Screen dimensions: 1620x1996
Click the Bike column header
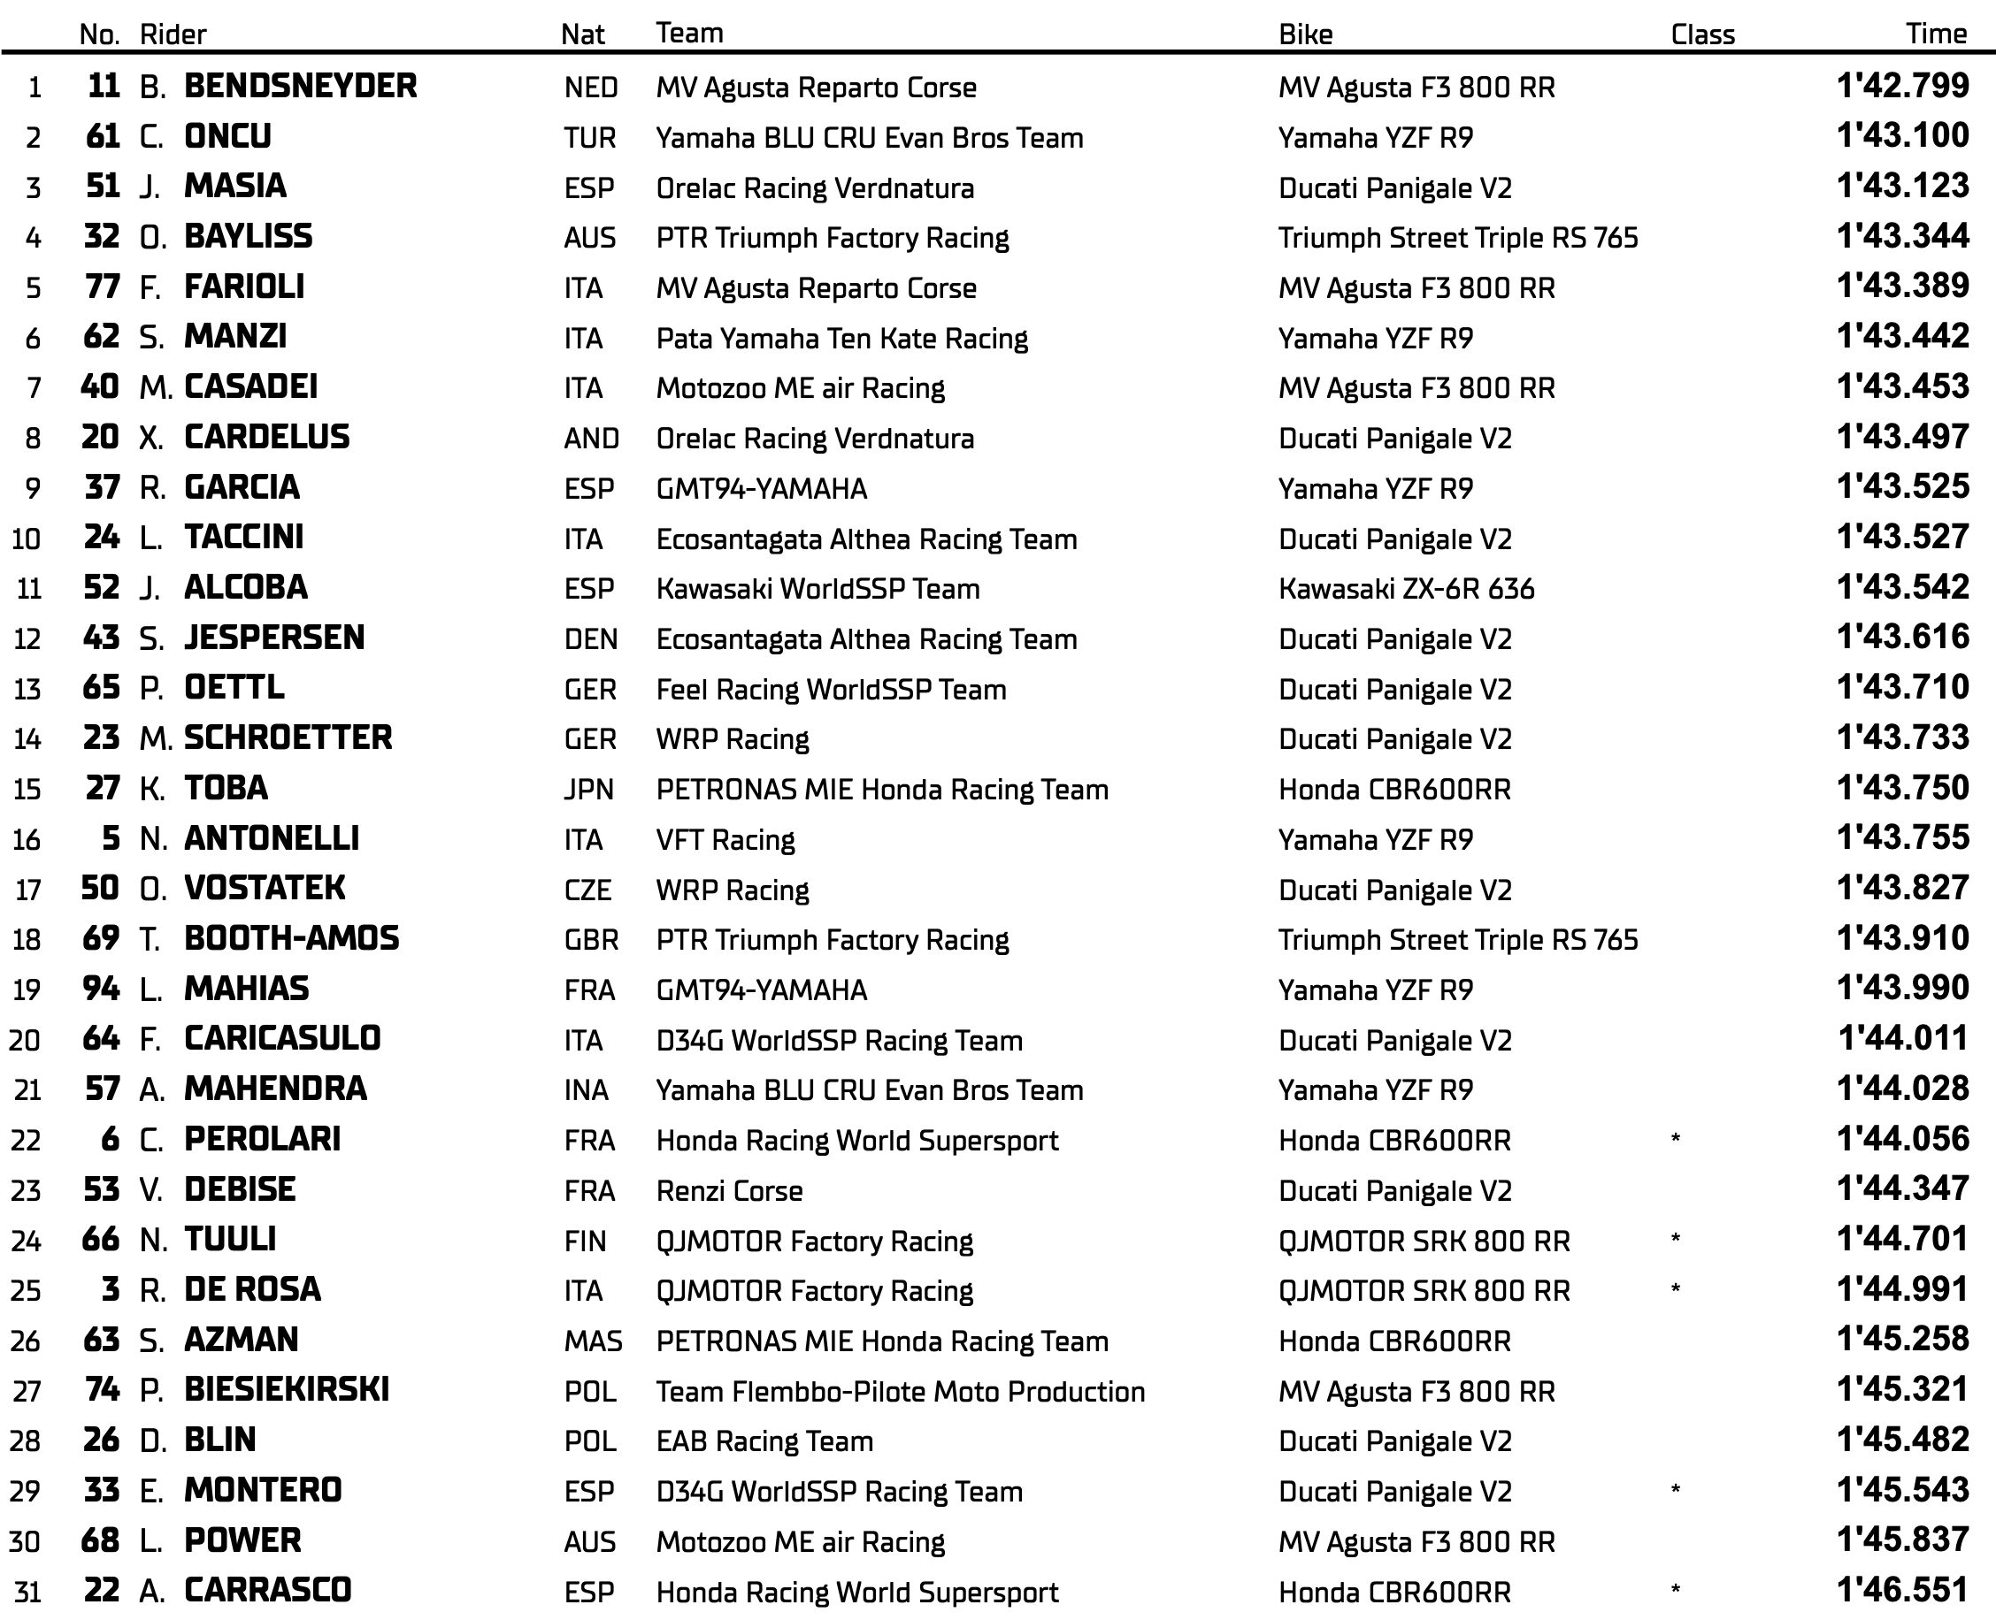(1305, 34)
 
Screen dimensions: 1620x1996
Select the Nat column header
(582, 34)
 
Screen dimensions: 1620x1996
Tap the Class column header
(1702, 34)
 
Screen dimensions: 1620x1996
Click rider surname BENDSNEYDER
(300, 86)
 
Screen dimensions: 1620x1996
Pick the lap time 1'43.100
(1901, 136)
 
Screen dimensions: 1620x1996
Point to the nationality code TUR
(589, 138)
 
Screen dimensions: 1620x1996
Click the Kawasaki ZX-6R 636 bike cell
(1406, 589)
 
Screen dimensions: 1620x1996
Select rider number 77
(102, 287)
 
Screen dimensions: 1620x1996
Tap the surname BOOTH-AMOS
(291, 939)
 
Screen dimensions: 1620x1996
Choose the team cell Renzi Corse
(729, 1191)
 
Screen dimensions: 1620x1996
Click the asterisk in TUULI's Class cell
(1676, 1239)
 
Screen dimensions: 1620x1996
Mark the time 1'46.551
(1901, 1590)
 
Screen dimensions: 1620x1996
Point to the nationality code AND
(591, 439)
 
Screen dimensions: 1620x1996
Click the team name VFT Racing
(725, 840)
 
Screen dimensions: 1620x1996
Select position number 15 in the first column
(27, 790)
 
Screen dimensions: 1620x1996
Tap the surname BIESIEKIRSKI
(287, 1390)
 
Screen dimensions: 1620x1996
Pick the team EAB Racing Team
(764, 1440)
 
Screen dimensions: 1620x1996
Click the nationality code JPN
(588, 790)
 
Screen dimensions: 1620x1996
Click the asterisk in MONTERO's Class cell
(1676, 1490)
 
